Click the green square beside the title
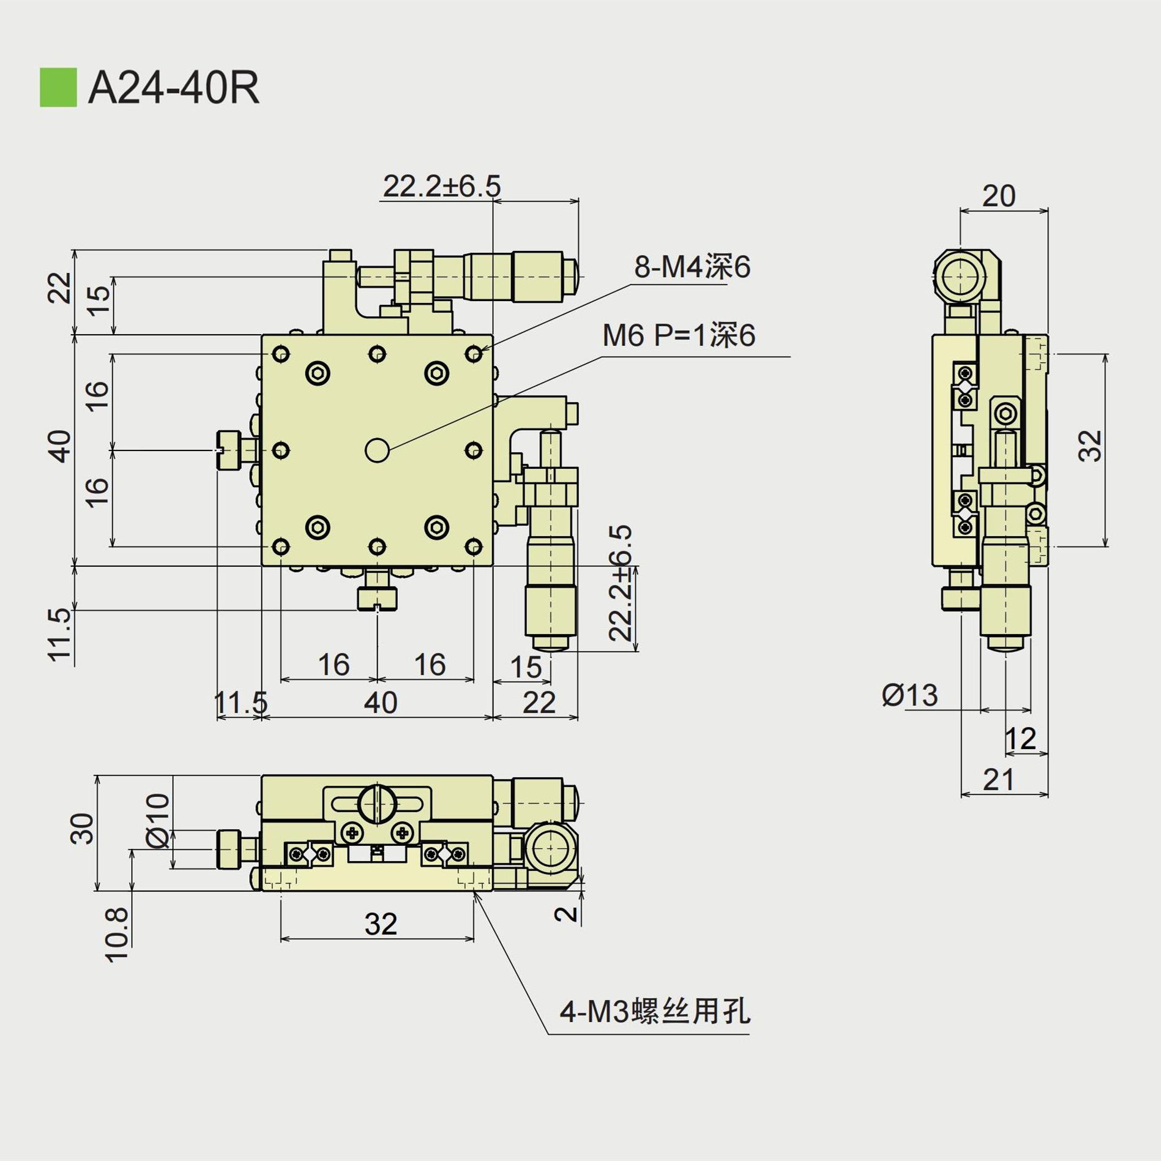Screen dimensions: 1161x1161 (x=58, y=88)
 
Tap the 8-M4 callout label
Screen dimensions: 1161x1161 (x=692, y=267)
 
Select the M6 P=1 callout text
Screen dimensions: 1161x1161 (x=679, y=336)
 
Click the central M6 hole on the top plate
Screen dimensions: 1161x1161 (x=377, y=450)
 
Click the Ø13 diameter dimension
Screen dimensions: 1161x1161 (x=909, y=696)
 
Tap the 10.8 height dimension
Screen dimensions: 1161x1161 (x=118, y=935)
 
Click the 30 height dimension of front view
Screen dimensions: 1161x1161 (x=83, y=829)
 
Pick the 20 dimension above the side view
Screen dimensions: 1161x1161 (x=999, y=196)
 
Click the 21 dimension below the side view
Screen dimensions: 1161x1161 (x=999, y=780)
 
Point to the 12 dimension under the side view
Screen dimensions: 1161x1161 (x=1020, y=739)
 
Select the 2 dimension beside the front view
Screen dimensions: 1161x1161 (x=566, y=914)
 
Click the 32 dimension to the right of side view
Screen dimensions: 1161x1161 (x=1091, y=446)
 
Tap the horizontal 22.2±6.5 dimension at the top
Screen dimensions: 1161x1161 (x=442, y=186)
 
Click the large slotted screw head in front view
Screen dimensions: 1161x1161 (x=378, y=803)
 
